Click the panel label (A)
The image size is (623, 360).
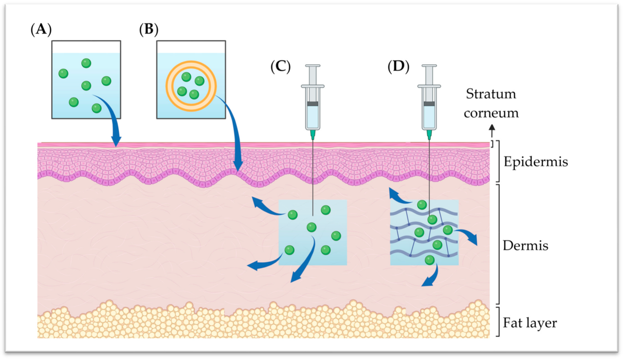coord(41,31)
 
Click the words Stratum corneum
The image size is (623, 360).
coord(491,103)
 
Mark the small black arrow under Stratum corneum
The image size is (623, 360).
coord(492,130)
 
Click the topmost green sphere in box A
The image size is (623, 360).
coord(86,63)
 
